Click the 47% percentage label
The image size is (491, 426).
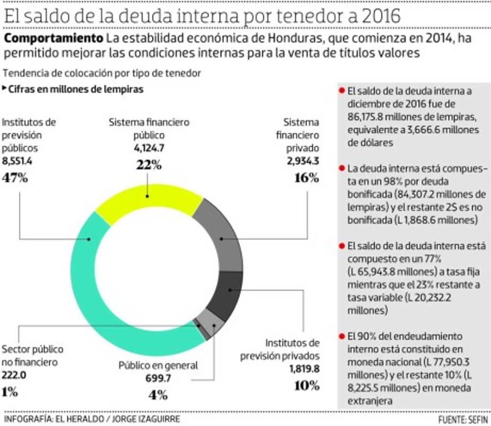tap(15, 178)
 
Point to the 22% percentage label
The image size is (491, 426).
tap(149, 165)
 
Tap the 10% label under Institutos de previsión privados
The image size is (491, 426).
tap(306, 385)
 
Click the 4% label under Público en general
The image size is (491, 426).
tap(158, 394)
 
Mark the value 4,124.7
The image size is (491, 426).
tap(149, 148)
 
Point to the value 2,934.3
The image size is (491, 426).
tap(303, 160)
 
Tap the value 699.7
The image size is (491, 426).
tap(158, 377)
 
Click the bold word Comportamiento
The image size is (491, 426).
tap(54, 38)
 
